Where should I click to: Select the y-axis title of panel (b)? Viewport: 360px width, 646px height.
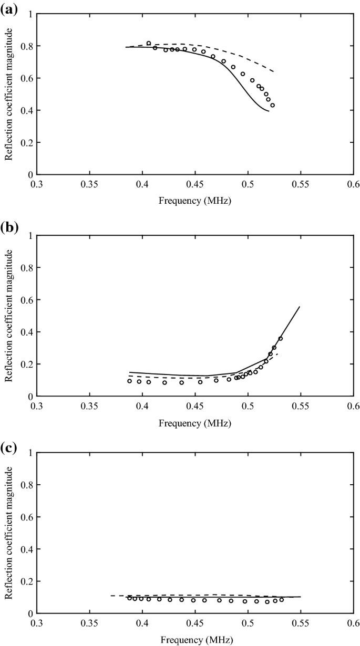(x=9, y=317)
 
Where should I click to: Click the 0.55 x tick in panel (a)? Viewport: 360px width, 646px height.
(x=301, y=185)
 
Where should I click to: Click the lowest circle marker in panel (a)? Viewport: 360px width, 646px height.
(x=273, y=105)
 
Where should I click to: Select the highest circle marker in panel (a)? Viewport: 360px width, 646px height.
(x=149, y=43)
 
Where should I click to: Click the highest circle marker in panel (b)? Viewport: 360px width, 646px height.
(x=280, y=338)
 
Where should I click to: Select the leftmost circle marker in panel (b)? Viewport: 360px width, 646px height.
(x=129, y=381)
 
